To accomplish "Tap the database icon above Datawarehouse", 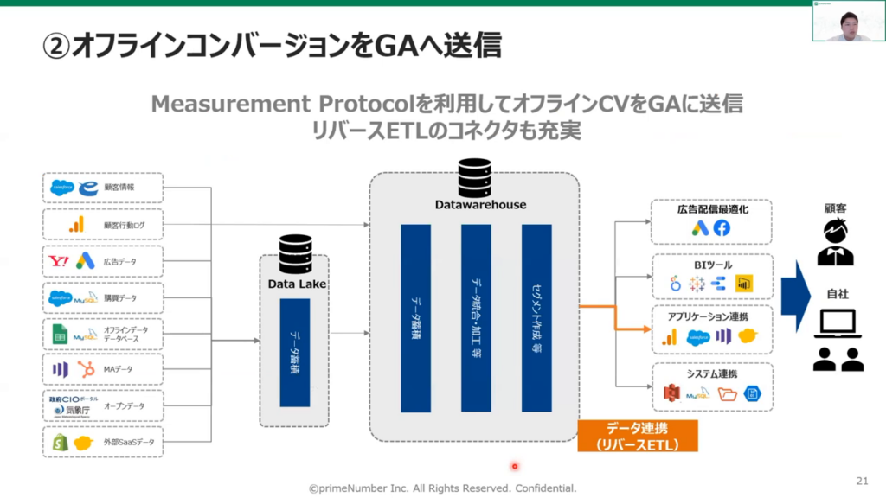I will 475,177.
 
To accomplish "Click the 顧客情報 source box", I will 102,188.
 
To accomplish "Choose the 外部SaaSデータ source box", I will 102,443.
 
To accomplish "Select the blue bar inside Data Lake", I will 295,353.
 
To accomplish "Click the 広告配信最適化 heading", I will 712,209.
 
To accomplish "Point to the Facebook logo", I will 722,228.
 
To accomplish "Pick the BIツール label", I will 711,264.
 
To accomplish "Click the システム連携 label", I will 712,373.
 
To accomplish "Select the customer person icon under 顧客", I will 835,243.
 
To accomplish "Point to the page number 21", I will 861,480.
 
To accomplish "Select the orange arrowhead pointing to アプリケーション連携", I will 647,329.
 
